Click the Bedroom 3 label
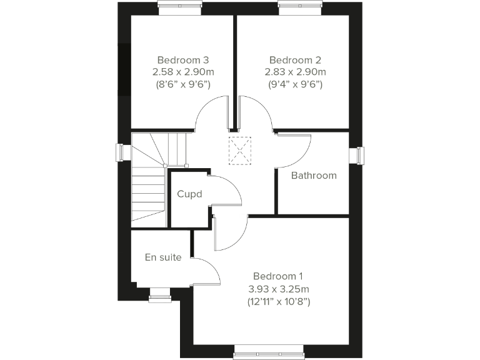point(183,61)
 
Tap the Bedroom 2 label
point(295,61)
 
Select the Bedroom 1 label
point(278,276)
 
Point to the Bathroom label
point(314,176)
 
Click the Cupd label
point(189,194)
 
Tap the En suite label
point(163,257)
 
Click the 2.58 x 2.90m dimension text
point(183,72)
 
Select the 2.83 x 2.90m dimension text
point(295,72)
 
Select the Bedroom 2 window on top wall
point(299,8)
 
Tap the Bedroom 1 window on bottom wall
point(268,354)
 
